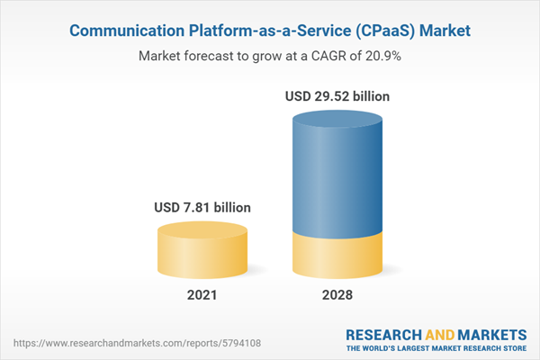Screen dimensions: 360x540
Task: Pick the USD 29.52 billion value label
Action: tap(337, 95)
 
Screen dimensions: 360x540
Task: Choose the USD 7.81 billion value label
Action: tap(202, 208)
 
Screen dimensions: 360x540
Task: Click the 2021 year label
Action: tap(202, 294)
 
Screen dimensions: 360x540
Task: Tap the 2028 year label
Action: tap(337, 294)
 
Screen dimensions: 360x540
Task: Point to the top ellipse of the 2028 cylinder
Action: tap(337, 120)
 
